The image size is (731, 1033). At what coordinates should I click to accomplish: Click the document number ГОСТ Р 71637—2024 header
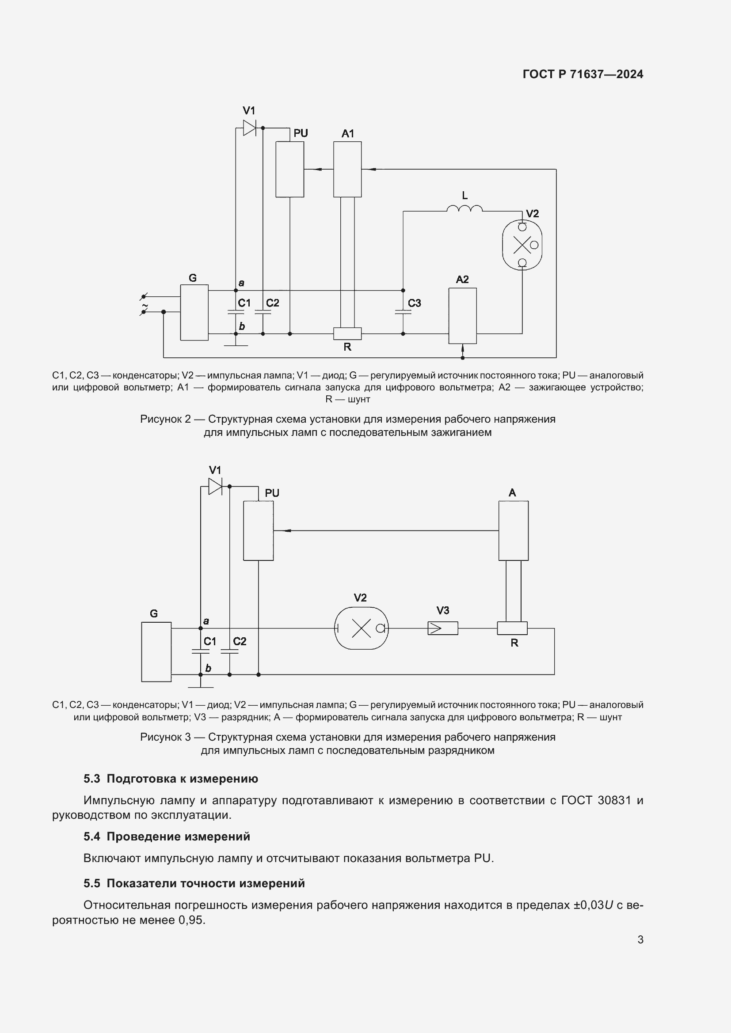[x=583, y=74]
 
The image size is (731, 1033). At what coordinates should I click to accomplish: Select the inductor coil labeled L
[x=464, y=208]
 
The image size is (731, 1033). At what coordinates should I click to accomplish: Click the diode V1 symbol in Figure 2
[x=249, y=128]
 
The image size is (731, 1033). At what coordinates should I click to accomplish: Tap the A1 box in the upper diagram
[x=347, y=169]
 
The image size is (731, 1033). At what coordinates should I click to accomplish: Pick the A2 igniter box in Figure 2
[x=462, y=315]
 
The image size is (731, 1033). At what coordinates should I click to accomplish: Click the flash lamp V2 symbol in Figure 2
[x=522, y=245]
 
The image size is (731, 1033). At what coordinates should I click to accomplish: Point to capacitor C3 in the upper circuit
[x=403, y=311]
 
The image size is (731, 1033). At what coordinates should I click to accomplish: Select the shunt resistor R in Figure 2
[x=347, y=333]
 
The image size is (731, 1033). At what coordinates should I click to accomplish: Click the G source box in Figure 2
[x=194, y=312]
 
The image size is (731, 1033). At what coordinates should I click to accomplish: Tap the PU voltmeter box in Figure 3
[x=259, y=530]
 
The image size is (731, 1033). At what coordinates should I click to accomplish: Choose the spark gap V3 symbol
[x=442, y=628]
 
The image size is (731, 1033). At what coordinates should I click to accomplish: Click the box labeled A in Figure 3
[x=513, y=530]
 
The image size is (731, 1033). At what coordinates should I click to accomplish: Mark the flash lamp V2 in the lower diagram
[x=361, y=628]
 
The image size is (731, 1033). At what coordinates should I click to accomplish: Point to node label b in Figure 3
[x=208, y=668]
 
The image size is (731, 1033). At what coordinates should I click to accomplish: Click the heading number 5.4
[x=92, y=836]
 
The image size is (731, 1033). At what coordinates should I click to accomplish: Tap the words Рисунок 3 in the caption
[x=165, y=737]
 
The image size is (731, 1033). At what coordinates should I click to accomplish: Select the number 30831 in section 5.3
[x=614, y=800]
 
